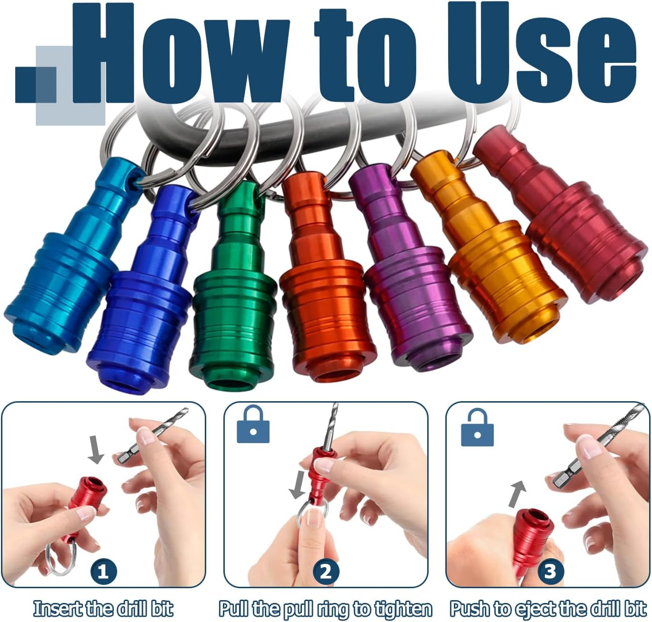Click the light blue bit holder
(x=67, y=267)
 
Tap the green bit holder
(x=233, y=305)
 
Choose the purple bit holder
(x=410, y=290)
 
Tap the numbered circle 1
(x=103, y=571)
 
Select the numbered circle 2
(x=326, y=571)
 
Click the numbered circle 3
(x=550, y=571)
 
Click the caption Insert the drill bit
(x=103, y=609)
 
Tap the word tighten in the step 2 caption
(x=403, y=609)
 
